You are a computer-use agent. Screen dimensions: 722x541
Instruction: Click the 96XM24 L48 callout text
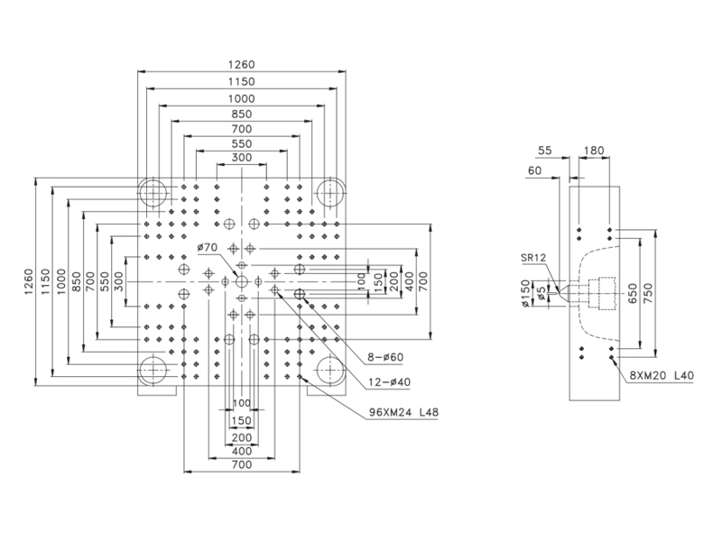[x=403, y=412]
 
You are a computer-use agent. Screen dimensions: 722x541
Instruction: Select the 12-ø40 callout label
[x=389, y=381]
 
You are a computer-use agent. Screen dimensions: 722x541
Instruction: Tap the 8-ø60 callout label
[x=385, y=357]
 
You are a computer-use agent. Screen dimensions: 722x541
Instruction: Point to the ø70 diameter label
[x=208, y=247]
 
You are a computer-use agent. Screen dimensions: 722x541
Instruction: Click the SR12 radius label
[x=533, y=257]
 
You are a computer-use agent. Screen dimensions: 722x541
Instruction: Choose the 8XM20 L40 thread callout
[x=662, y=375]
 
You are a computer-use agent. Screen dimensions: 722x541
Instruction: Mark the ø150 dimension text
[x=526, y=294]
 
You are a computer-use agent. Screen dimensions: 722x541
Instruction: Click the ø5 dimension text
[x=542, y=293]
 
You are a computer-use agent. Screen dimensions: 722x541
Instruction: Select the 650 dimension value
[x=633, y=294]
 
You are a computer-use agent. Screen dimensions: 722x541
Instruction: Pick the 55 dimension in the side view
[x=545, y=151]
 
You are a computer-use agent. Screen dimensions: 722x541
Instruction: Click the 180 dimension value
[x=594, y=151]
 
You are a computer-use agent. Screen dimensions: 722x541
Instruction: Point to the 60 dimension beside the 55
[x=534, y=170]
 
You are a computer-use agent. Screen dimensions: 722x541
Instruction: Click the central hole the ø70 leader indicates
[x=241, y=281]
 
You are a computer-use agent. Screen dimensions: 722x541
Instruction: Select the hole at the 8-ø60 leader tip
[x=300, y=294]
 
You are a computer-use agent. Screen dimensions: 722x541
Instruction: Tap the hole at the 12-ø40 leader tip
[x=275, y=289]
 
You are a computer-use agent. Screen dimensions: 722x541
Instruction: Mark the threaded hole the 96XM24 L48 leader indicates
[x=300, y=377]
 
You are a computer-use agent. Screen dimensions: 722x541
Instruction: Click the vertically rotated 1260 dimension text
[x=29, y=281]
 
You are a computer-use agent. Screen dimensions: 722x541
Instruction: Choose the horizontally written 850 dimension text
[x=242, y=115]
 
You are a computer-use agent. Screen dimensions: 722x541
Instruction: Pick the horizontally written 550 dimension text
[x=242, y=143]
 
